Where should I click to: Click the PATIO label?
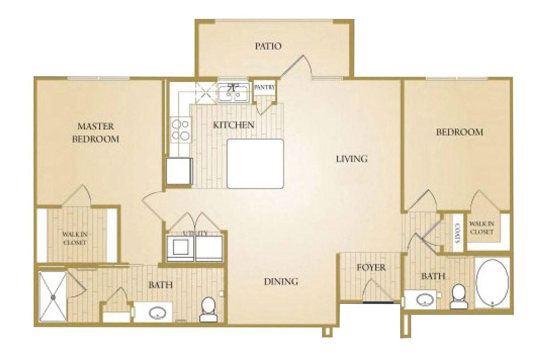tap(268, 46)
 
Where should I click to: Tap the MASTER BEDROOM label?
tap(96, 132)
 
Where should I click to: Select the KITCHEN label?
tap(233, 125)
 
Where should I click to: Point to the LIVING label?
tap(351, 159)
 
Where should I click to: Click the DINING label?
tap(281, 282)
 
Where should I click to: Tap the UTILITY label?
tap(195, 234)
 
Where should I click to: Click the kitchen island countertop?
tap(255, 164)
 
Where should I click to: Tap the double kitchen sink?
tap(233, 93)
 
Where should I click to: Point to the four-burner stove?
tap(180, 129)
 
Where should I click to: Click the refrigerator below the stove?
tap(179, 170)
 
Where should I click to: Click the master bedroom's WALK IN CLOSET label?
tap(74, 238)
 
